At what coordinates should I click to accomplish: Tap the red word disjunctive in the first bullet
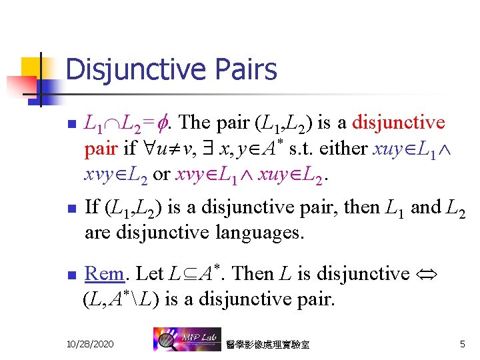pyautogui.click(x=398, y=123)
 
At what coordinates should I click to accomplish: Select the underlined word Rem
pyautogui.click(x=105, y=273)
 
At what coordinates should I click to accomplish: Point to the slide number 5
pyautogui.click(x=462, y=343)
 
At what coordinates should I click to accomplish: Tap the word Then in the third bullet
pyautogui.click(x=258, y=273)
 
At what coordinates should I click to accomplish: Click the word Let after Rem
pyautogui.click(x=149, y=273)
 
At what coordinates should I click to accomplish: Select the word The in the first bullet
pyautogui.click(x=195, y=123)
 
